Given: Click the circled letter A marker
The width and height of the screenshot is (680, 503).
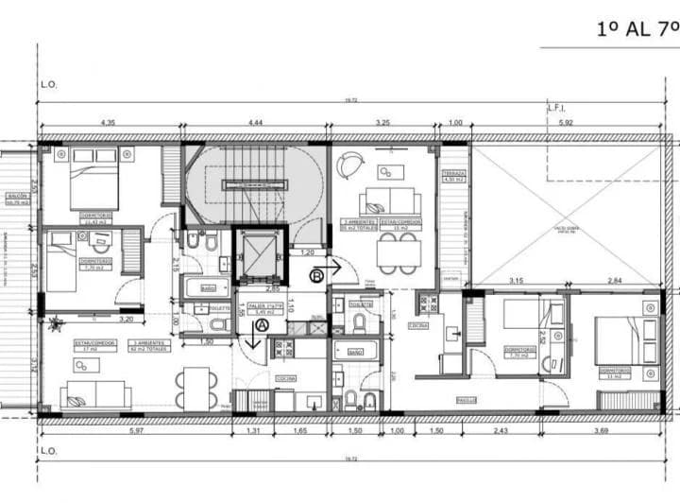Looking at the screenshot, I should (x=262, y=324).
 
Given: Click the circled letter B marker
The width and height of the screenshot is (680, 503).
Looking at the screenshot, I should (x=317, y=274).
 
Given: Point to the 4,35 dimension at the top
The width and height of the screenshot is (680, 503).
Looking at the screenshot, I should (x=108, y=123).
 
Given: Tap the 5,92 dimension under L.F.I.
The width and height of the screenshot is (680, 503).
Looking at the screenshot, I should (x=566, y=123).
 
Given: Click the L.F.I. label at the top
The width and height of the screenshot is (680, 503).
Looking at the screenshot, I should (x=556, y=108).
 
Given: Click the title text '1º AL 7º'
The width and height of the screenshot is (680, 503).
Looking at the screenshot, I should (x=637, y=28).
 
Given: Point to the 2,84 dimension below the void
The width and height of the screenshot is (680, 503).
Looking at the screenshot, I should (x=615, y=281).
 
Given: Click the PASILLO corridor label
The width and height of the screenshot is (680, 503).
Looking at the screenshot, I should (x=467, y=400).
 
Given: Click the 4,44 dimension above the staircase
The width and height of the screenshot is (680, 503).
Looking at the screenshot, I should (x=255, y=123).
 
